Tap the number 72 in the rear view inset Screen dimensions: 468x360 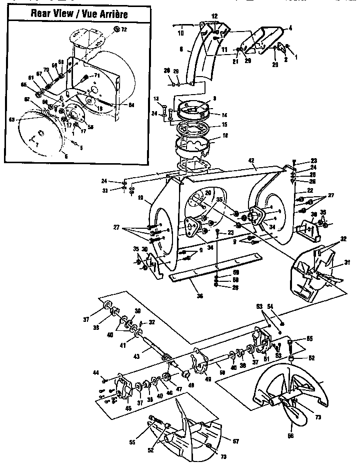[124, 31]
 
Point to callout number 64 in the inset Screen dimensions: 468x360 [131, 105]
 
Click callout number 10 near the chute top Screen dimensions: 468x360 [180, 33]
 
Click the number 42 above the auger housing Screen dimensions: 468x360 [251, 162]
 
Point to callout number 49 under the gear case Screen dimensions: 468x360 [207, 379]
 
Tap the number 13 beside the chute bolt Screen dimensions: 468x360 [156, 98]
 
